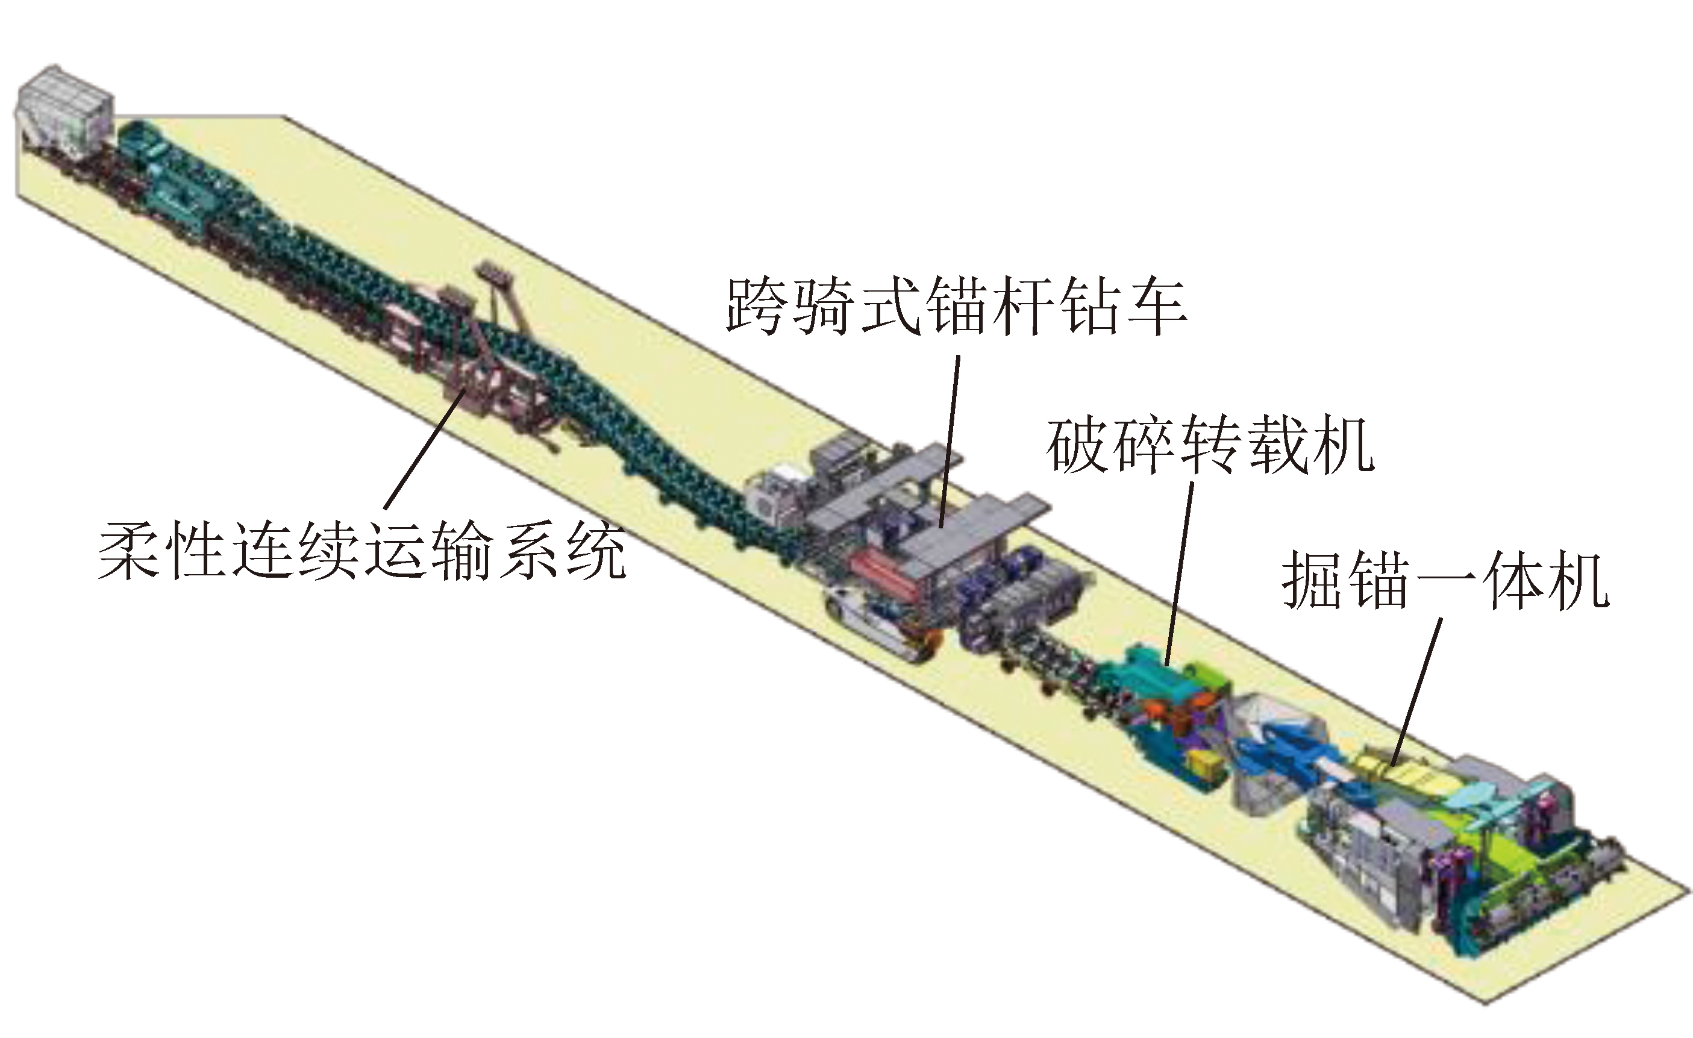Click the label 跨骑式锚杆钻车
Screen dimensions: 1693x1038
tap(956, 307)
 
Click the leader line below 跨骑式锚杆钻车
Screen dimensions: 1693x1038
tap(949, 441)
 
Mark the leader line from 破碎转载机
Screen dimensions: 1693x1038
tap(1179, 574)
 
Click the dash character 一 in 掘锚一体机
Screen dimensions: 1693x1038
tap(1445, 581)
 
